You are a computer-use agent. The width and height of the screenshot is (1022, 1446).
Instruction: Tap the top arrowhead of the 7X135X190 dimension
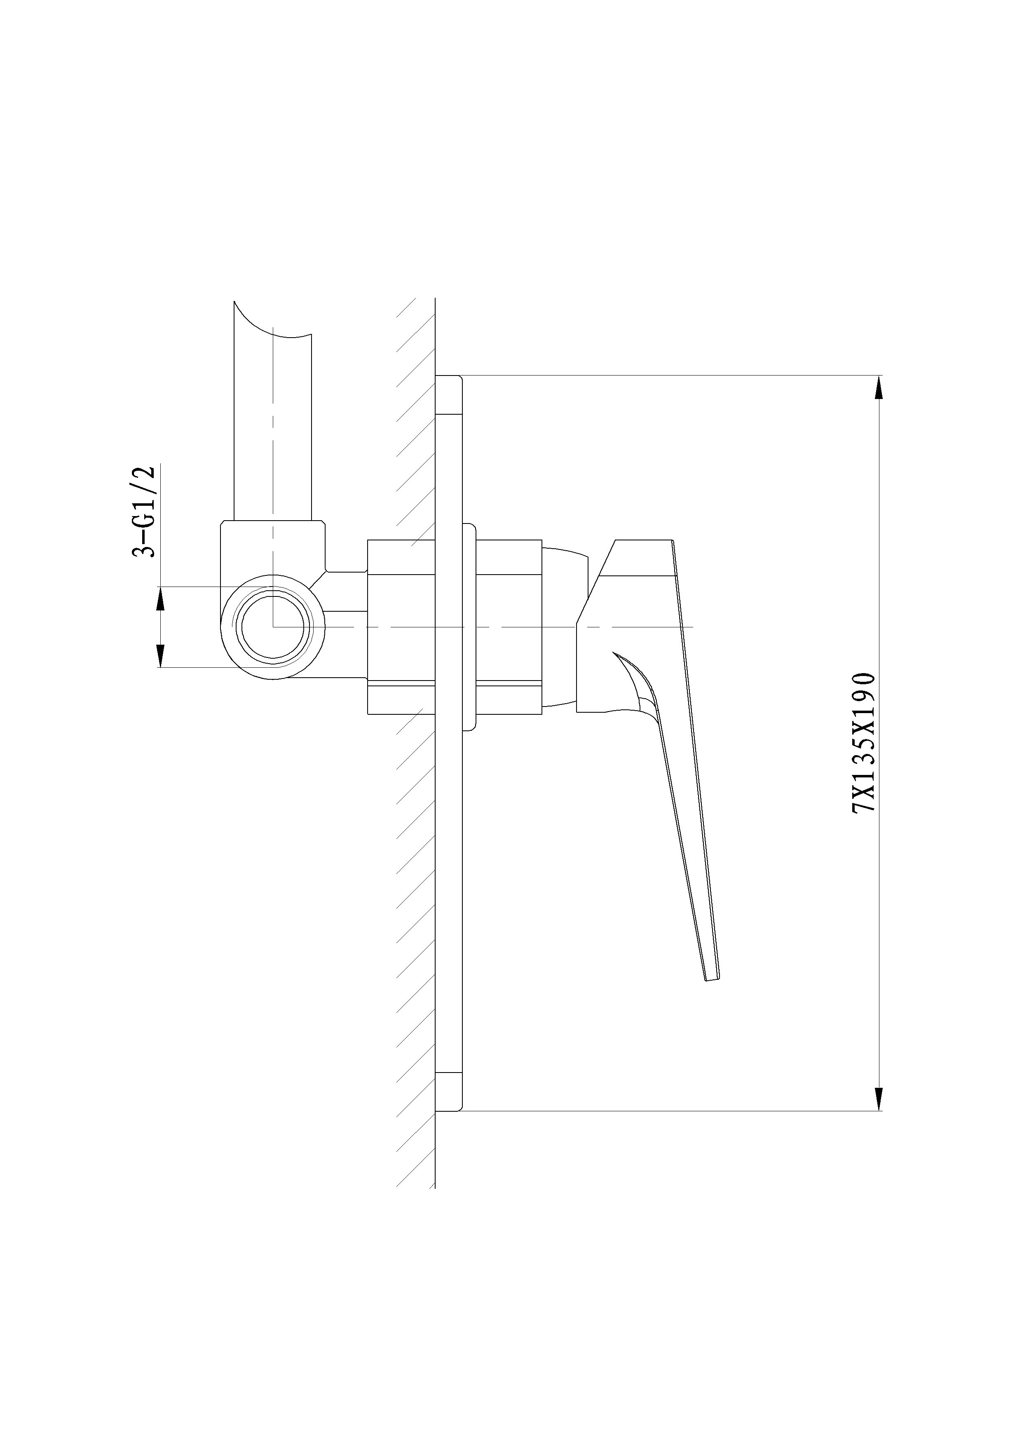(879, 387)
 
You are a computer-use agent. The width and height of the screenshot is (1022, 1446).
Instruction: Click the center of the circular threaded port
(273, 627)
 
